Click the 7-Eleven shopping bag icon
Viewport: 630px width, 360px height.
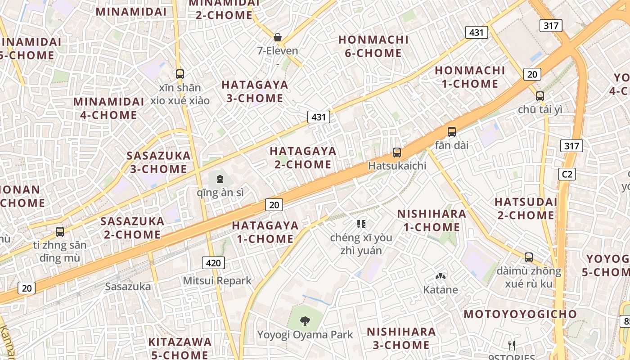[x=278, y=37]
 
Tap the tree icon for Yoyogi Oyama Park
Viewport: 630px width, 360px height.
[x=305, y=321]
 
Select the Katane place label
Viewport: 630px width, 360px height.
[x=441, y=289]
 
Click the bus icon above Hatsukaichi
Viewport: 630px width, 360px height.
[x=397, y=153]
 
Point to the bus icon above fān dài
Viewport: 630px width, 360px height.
[x=452, y=132]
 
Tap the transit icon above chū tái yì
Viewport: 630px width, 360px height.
[x=540, y=96]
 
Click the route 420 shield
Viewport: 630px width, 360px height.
[x=213, y=263]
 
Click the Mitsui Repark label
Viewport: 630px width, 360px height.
[x=217, y=281]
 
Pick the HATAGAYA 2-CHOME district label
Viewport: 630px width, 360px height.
[x=303, y=157]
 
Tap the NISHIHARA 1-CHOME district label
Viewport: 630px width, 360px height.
[x=432, y=220]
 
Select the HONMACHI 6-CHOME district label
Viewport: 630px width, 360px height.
[x=373, y=46]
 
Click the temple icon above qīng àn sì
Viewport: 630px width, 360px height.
[x=220, y=179]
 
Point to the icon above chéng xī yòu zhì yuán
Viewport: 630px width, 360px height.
[x=361, y=224]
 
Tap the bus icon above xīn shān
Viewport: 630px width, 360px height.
[x=180, y=74]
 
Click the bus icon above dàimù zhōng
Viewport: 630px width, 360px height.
[x=529, y=257]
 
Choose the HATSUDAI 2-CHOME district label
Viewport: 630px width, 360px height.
[x=526, y=208]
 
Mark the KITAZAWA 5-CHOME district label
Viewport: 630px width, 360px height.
[x=180, y=348]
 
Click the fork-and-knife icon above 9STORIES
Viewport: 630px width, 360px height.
[x=512, y=346]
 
